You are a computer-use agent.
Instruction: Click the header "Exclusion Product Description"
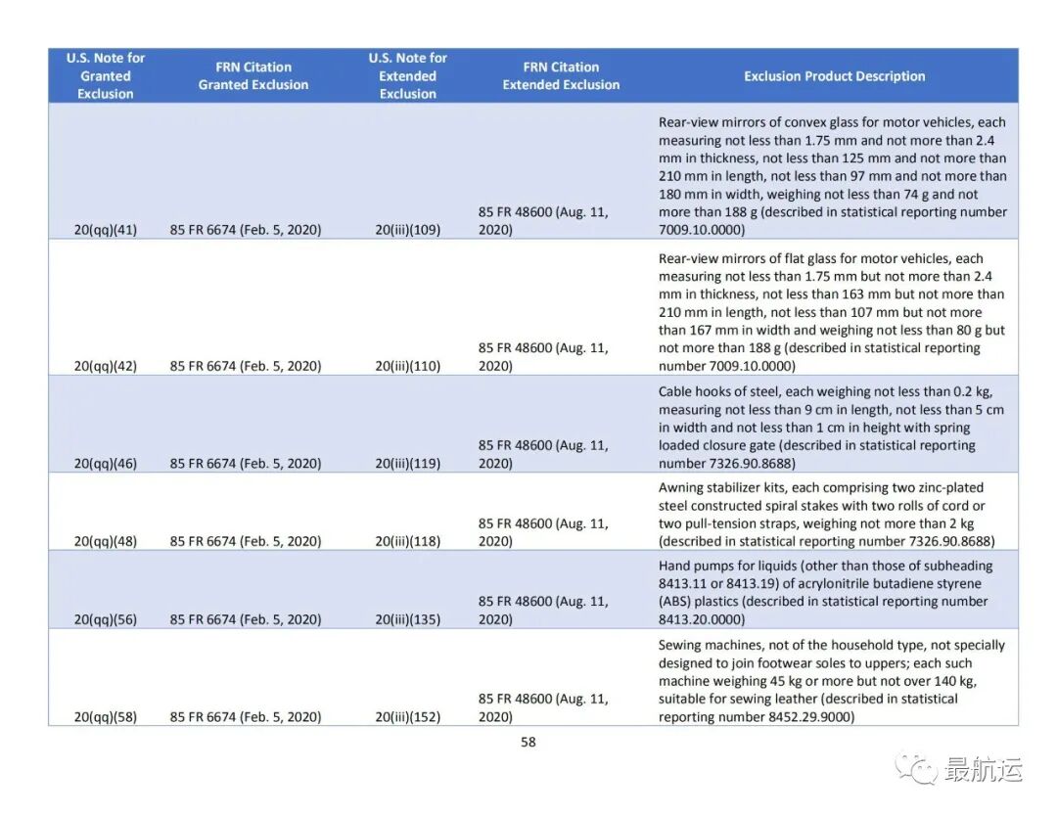click(x=834, y=76)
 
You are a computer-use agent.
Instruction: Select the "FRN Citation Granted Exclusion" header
click(x=253, y=76)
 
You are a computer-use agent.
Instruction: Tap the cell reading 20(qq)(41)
click(x=106, y=230)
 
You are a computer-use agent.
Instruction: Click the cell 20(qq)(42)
click(x=106, y=366)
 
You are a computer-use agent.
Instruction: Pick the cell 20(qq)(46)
click(x=106, y=464)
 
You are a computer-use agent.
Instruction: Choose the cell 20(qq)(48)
click(x=106, y=541)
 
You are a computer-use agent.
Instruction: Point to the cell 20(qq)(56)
click(x=106, y=619)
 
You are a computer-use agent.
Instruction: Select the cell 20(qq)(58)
click(x=106, y=717)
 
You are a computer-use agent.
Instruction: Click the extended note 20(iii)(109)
click(x=408, y=230)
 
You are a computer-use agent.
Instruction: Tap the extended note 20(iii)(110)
click(x=408, y=366)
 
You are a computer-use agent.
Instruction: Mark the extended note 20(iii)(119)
click(x=408, y=464)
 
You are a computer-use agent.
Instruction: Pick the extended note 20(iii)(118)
click(x=408, y=541)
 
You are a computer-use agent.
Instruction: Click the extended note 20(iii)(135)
click(x=408, y=619)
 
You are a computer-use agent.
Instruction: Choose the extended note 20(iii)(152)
click(x=408, y=717)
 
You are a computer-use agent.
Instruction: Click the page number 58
click(x=528, y=742)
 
